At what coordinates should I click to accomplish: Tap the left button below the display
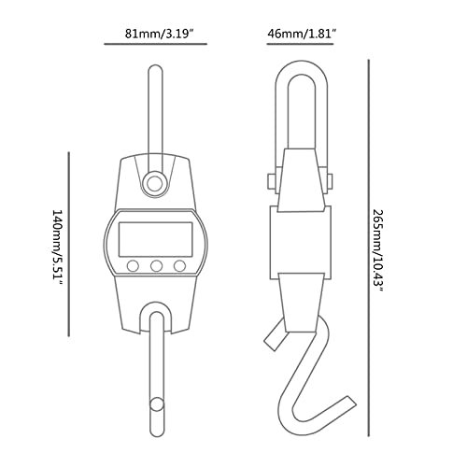click(134, 266)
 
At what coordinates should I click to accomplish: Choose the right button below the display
click(177, 266)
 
